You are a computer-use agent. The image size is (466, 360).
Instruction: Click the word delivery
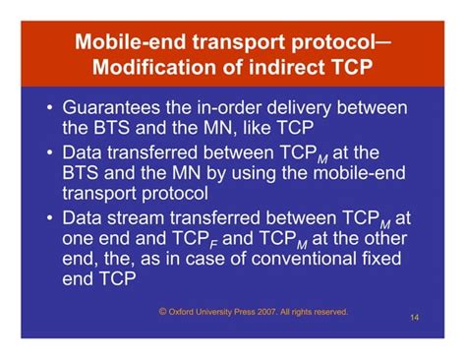pyautogui.click(x=314, y=107)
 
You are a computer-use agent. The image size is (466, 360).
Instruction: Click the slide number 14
pyautogui.click(x=413, y=319)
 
